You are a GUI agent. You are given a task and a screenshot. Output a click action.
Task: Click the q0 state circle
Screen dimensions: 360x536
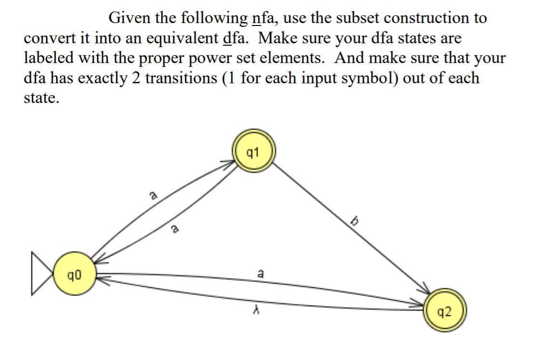coord(74,275)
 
